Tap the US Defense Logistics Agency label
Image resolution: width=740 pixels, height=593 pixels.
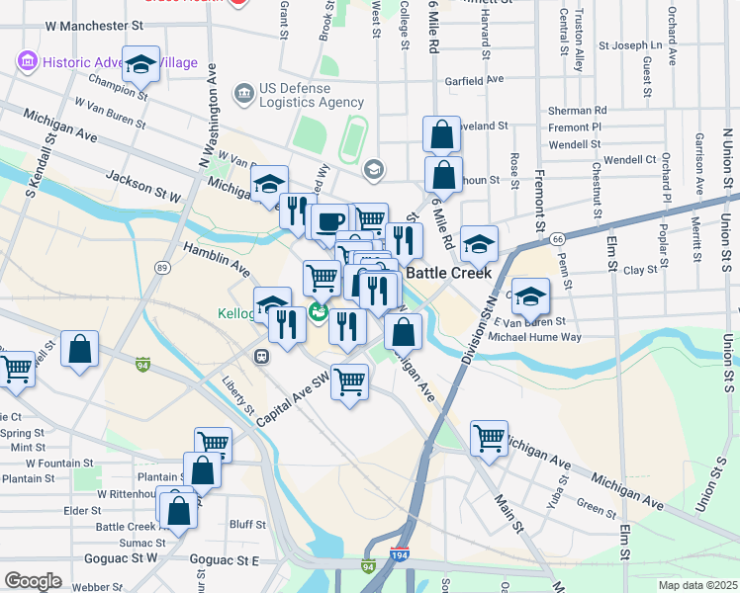312,95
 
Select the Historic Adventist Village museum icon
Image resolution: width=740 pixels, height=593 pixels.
28,62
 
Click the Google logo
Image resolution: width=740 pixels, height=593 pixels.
33,581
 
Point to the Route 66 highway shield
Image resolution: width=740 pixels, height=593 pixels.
558,238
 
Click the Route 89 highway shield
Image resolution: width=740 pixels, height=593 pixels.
162,267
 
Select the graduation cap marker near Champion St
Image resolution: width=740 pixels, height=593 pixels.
141,65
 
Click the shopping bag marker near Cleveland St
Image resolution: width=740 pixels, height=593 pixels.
441,133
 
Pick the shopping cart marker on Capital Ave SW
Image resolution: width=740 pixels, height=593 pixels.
349,381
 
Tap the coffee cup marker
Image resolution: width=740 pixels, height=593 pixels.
329,220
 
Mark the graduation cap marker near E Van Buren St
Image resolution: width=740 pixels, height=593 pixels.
530,296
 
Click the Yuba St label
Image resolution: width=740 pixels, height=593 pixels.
561,490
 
